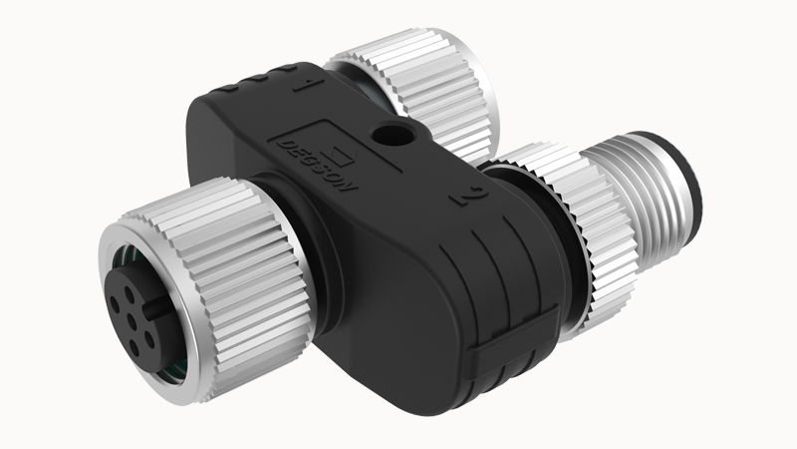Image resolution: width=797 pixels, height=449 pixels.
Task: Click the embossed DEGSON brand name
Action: pos(316,166)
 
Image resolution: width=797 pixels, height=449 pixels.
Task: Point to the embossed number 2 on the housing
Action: pos(469,196)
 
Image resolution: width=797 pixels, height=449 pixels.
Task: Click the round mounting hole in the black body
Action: pos(391,134)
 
